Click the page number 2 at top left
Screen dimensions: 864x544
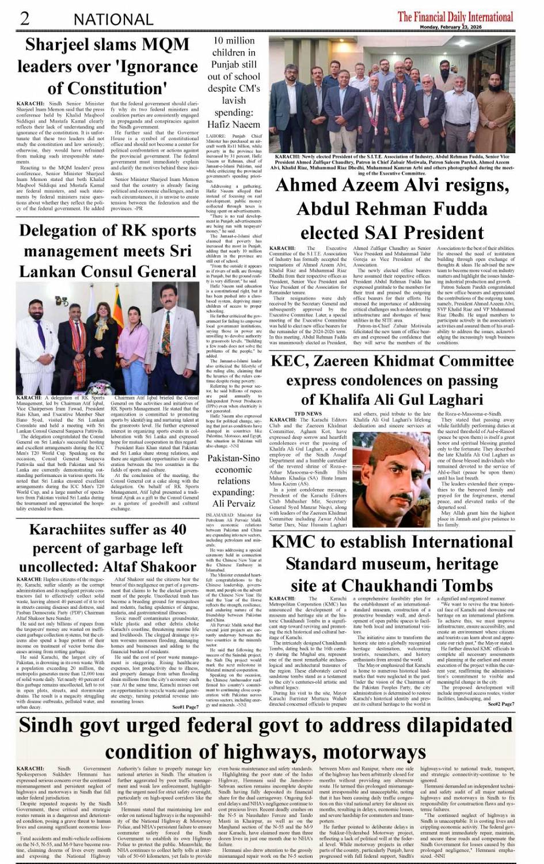(25, 18)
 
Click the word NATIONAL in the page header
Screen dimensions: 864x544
(113, 20)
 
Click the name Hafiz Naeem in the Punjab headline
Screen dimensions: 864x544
(234, 124)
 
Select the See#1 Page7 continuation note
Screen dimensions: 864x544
(185, 706)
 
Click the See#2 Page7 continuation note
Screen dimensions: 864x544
(501, 703)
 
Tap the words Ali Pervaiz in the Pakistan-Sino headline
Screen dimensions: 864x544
(234, 503)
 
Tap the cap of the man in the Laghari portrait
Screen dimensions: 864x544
(395, 442)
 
